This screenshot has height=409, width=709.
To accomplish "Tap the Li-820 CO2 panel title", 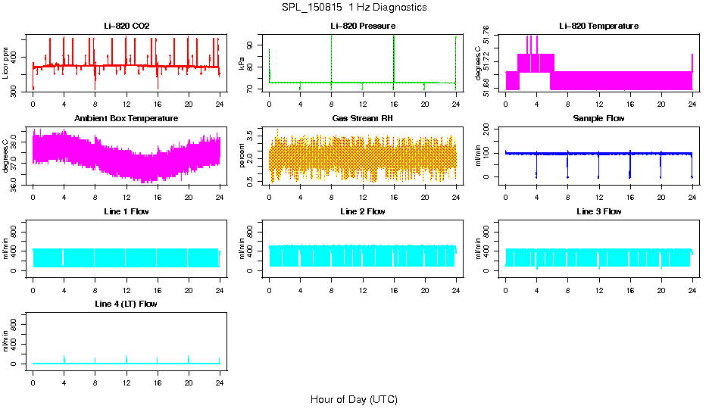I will coord(126,27).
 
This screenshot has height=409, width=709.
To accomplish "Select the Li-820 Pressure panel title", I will coord(362,27).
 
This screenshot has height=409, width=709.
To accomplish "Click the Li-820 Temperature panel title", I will coord(598,27).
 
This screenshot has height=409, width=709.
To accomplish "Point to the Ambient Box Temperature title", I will coord(126,119).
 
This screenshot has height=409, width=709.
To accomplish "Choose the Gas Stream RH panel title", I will coord(362,119).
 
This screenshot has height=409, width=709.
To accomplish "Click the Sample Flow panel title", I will coord(598,119).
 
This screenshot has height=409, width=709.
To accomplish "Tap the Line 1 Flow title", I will coord(126,211).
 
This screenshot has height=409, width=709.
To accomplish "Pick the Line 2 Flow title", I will coord(362,211).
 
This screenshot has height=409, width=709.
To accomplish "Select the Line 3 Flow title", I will coord(598,211).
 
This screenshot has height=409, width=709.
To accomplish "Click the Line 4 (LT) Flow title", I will coord(126,304).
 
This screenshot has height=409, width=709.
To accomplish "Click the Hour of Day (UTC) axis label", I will coord(354,399).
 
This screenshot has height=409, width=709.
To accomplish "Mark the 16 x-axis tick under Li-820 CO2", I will coord(157,104).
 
